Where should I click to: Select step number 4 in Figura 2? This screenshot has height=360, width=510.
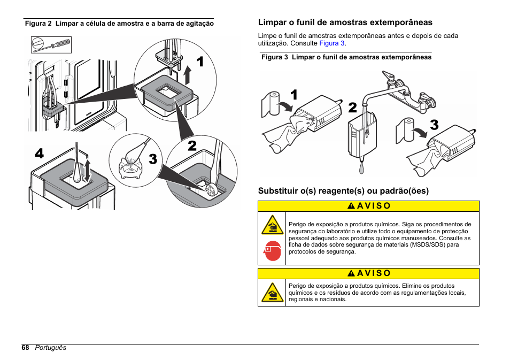39,154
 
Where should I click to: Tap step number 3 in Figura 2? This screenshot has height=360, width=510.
153,159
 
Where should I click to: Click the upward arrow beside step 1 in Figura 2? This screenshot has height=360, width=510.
187,75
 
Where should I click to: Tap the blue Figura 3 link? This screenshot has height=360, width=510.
332,43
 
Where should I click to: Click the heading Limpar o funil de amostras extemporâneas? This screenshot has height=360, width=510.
345,22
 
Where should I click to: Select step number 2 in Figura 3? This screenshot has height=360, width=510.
352,108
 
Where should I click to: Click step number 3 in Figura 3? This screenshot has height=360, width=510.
434,125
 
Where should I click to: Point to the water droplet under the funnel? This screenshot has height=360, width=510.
361,167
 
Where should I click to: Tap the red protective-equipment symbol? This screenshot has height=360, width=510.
272,250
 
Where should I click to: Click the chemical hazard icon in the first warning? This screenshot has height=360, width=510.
272,225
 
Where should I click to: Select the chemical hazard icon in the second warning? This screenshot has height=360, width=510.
272,293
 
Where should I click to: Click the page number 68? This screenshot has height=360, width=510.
26,348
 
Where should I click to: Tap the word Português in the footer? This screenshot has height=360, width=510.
50,348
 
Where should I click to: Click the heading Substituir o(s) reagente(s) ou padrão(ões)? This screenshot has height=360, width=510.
343,190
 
